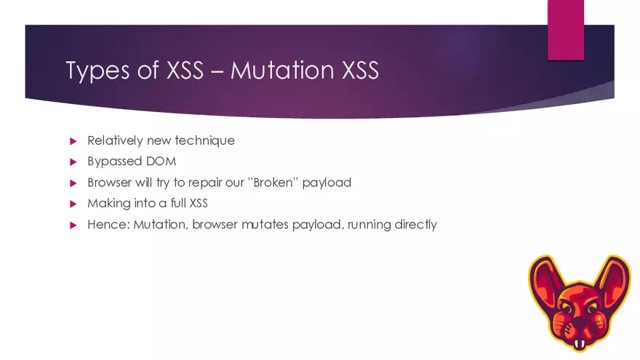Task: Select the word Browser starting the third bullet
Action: [x=110, y=183]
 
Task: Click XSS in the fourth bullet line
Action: [x=198, y=204]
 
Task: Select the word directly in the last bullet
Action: [x=415, y=225]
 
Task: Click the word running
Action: [x=369, y=225]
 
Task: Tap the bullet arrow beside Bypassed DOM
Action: [x=73, y=161]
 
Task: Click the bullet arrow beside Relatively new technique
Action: [x=73, y=140]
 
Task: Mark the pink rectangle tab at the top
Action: [x=566, y=29]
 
